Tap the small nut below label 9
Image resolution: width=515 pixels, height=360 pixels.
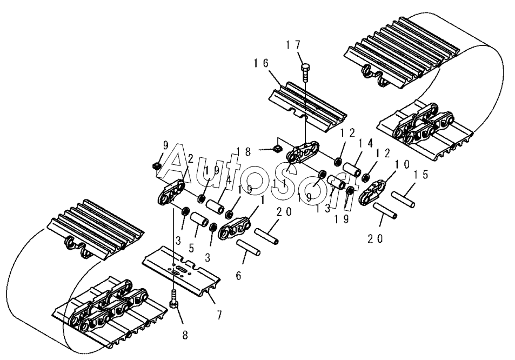point(157,165)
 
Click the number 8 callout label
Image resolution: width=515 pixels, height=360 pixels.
point(185,336)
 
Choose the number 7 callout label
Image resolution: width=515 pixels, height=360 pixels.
point(219,315)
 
